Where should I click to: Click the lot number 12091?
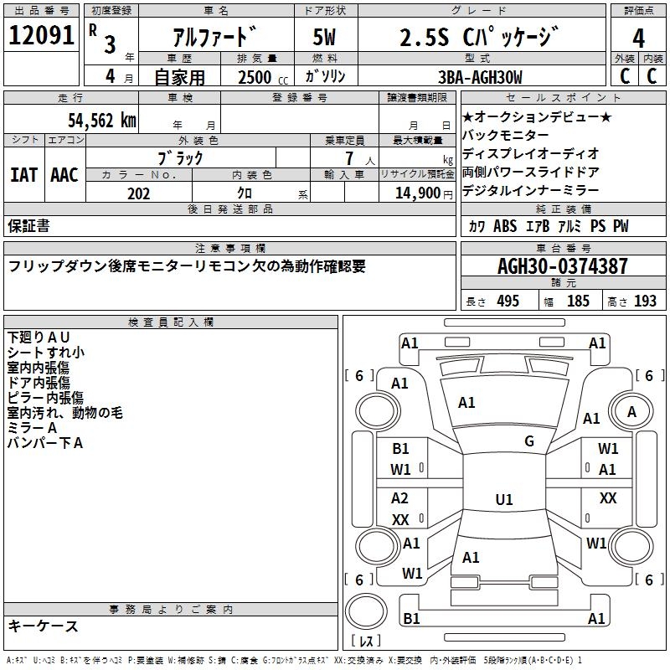click(x=41, y=35)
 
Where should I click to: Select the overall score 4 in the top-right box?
click(x=638, y=39)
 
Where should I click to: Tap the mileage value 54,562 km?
click(x=102, y=121)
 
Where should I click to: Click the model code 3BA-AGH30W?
click(x=480, y=77)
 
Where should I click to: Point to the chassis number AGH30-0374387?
click(x=563, y=266)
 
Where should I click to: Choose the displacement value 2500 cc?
click(x=263, y=77)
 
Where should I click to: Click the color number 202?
click(x=138, y=193)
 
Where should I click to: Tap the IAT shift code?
click(x=24, y=175)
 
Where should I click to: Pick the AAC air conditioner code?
click(x=64, y=175)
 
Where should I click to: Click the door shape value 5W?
click(x=324, y=37)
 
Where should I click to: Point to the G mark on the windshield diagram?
click(x=529, y=441)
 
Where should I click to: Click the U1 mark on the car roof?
click(x=504, y=499)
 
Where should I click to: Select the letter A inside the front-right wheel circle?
click(x=631, y=412)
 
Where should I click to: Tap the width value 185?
click(x=578, y=301)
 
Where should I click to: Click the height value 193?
click(x=645, y=301)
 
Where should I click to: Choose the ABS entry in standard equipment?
click(x=505, y=226)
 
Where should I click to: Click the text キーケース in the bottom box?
click(x=44, y=626)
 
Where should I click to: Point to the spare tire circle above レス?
click(x=366, y=611)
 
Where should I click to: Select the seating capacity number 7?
click(x=349, y=158)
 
